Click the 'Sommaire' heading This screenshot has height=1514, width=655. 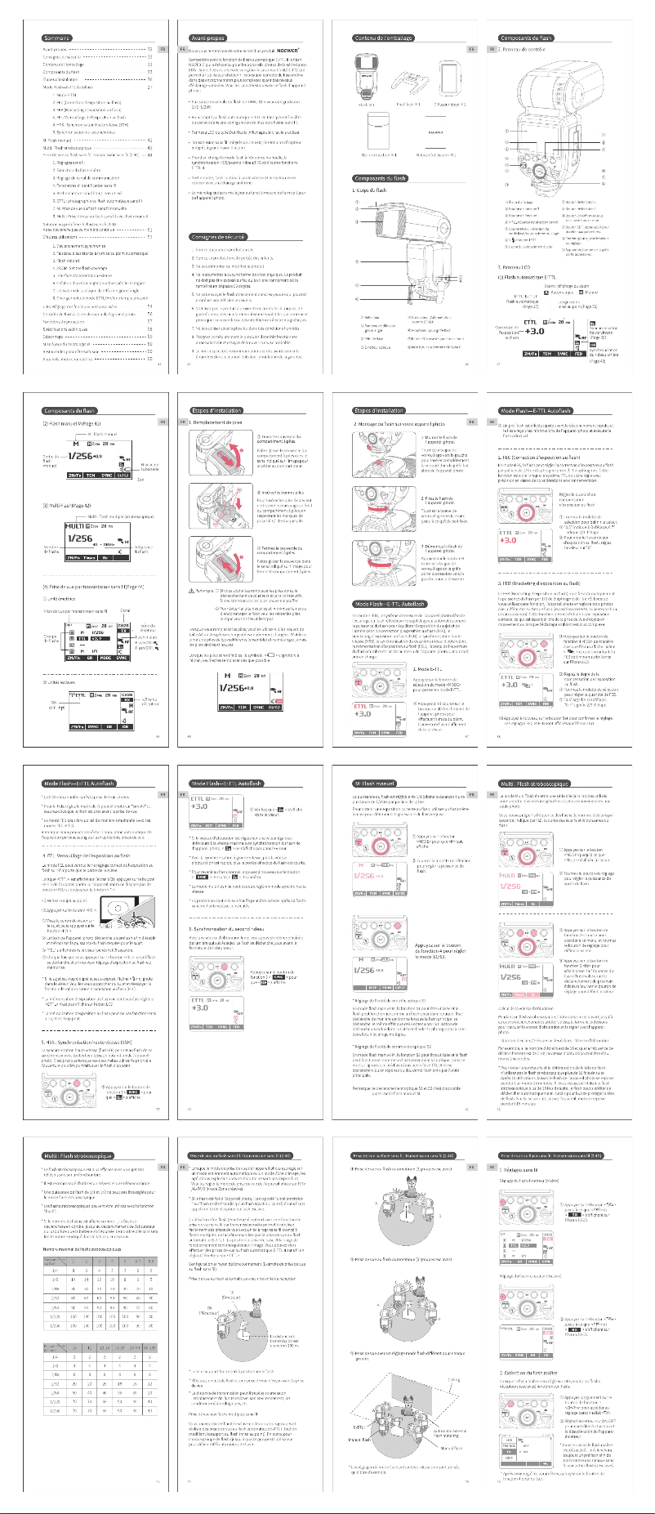pyautogui.click(x=57, y=38)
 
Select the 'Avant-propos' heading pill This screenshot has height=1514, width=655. pyautogui.click(x=208, y=38)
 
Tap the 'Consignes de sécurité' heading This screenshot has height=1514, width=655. pyautogui.click(x=213, y=237)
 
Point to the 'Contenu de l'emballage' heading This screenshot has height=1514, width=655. pyautogui.click(x=384, y=38)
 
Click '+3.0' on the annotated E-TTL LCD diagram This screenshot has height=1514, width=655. pyautogui.click(x=534, y=332)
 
